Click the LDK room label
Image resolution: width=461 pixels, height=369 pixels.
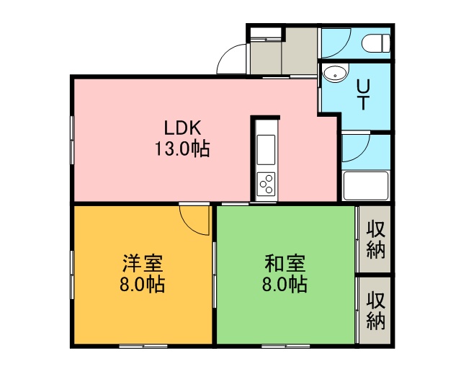pos(182,128)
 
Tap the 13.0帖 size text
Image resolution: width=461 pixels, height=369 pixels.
pos(182,149)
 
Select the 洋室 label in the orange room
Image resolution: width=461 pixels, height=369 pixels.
pos(143,263)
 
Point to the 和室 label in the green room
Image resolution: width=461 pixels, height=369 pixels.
pos(285,263)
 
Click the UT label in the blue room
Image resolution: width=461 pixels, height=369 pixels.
pos(363,94)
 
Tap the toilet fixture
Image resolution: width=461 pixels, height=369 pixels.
pos(376,43)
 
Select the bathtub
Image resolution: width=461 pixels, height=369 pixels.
pos(366,185)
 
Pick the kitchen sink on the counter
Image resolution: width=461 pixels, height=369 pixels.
pos(266,149)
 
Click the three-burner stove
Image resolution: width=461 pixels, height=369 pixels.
pos(266,184)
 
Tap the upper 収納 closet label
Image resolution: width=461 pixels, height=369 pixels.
pos(376,240)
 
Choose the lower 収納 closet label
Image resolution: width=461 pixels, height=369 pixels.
pos(376,310)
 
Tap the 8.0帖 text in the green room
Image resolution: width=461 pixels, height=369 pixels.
pos(285,284)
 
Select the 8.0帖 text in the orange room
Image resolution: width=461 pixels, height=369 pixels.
pos(142,284)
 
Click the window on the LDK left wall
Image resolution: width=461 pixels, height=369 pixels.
pos(72,140)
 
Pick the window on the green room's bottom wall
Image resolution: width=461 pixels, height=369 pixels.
pos(285,347)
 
